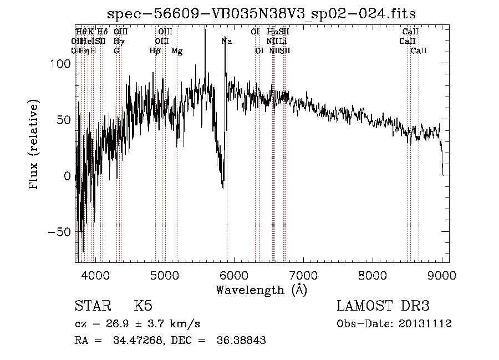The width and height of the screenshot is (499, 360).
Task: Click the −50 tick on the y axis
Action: [59, 232]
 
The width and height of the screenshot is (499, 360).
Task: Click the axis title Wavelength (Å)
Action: [261, 290]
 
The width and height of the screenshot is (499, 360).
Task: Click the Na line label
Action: [227, 41]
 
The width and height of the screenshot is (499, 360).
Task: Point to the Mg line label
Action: [177, 51]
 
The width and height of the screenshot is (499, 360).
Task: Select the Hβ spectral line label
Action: [155, 51]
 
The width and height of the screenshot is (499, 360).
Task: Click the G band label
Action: [116, 51]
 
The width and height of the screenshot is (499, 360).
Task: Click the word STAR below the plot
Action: [91, 307]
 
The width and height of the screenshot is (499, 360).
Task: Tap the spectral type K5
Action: [143, 307]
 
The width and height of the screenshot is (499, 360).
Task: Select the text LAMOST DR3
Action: [383, 307]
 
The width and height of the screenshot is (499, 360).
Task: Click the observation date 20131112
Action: [425, 324]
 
